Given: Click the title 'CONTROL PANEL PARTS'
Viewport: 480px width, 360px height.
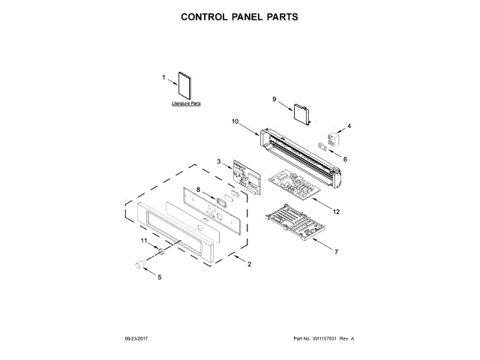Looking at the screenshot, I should [240, 16].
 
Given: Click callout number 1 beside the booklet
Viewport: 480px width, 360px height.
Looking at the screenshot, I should [163, 76].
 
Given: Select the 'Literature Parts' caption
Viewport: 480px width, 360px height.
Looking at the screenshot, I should [186, 103].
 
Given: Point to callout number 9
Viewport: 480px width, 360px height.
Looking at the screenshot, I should [274, 99].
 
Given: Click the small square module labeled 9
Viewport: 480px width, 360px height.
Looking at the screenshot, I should [301, 113].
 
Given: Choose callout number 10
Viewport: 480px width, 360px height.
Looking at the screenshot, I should [235, 121].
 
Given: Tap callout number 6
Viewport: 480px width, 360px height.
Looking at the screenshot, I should [345, 159].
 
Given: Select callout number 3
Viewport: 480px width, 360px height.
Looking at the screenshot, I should [218, 160].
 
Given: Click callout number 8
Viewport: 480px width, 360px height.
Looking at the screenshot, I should [198, 190].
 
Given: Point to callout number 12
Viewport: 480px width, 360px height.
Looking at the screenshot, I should [336, 211].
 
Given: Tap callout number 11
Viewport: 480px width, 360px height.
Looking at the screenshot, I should [144, 240].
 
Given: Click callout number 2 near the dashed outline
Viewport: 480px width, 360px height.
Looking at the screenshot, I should [250, 264].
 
